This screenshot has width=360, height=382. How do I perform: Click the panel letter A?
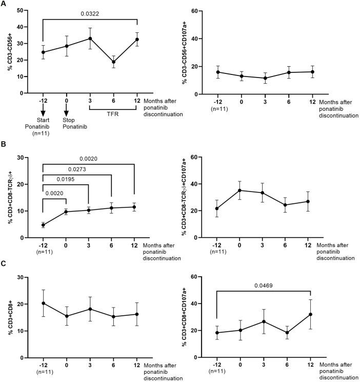pos(5,4)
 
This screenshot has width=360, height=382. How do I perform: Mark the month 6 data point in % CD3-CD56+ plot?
pos(113,62)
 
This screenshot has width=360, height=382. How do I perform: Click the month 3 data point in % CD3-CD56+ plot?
pos(90,39)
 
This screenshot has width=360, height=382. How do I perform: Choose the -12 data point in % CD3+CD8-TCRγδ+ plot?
pos(43,225)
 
